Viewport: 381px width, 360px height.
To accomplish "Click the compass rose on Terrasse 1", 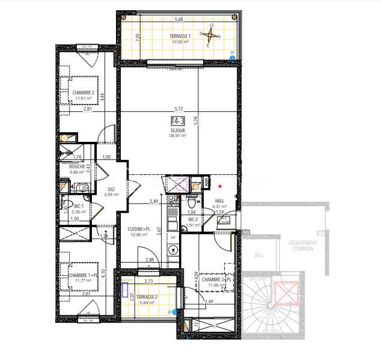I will coord(211,35).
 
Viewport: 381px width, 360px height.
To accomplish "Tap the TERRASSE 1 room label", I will coord(180,37).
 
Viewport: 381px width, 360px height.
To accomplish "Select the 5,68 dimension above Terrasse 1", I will coord(178,19).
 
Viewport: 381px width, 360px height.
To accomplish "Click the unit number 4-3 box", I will coord(178,121).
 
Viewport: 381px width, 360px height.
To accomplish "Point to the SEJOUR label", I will coord(178,130).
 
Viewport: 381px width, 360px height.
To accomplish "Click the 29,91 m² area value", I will coord(178,136).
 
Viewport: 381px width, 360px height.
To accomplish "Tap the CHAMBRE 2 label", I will coord(84,93).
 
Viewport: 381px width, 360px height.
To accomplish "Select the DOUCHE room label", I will coord(78,166).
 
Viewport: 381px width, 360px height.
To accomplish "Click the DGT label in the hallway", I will coord(111,189).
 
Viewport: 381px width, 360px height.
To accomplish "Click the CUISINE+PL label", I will coord(139,228).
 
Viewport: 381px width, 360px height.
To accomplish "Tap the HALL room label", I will coord(219,200).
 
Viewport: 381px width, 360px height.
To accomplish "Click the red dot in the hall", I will coord(221,186).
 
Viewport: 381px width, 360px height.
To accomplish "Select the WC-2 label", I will coord(193,219).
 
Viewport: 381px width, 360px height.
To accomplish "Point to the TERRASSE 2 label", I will coord(146,297).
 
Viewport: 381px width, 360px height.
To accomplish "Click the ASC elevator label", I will coord(259,255).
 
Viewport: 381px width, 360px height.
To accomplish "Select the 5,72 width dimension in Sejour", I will coord(178,109).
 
